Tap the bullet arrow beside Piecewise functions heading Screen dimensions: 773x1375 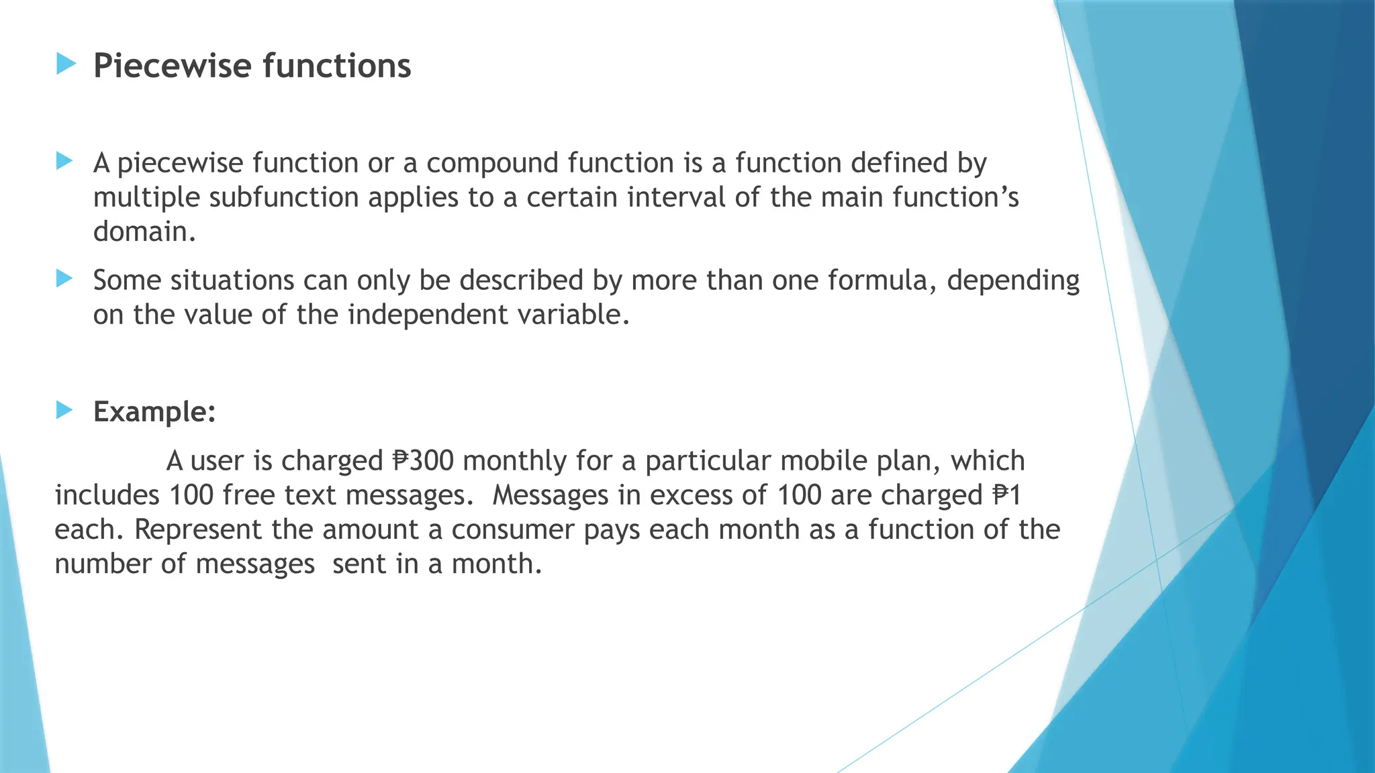66,64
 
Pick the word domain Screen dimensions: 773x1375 144,231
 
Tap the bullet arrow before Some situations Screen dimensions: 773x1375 64,278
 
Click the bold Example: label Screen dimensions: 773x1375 154,411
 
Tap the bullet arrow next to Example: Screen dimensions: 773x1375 64,410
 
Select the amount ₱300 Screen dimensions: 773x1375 423,461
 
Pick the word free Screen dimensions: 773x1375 249,495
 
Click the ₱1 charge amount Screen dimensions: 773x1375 1007,495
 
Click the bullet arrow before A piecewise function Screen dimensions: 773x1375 64,161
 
